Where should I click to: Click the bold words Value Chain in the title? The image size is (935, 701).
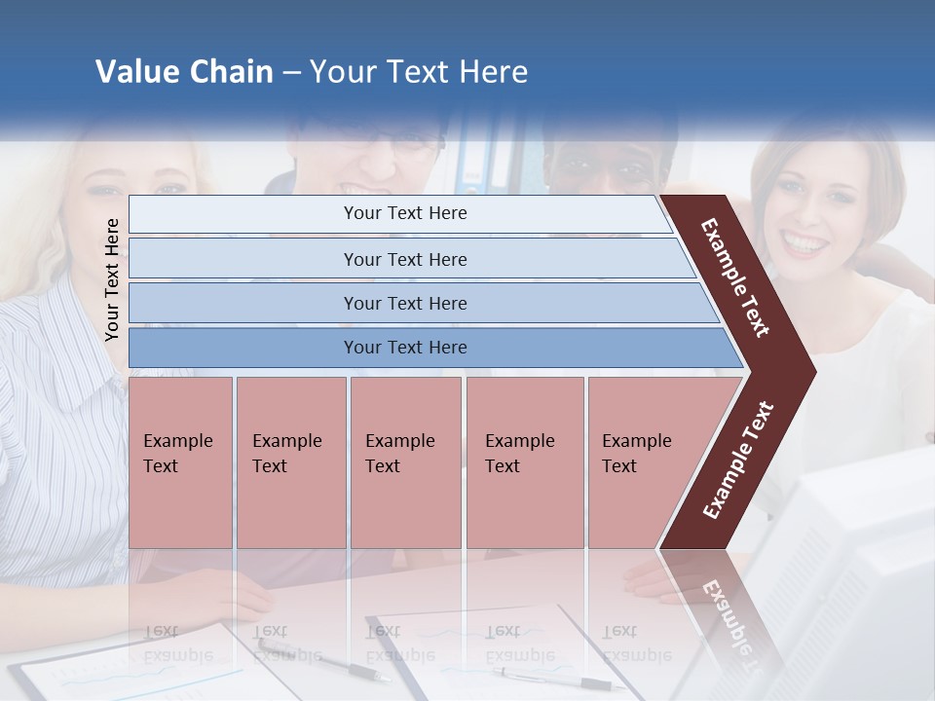coord(184,72)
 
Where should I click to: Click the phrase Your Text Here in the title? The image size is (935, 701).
coord(419,72)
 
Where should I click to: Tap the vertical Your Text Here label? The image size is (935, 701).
coord(112,279)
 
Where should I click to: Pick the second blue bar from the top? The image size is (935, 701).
coord(405,259)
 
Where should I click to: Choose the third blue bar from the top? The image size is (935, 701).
coord(405,303)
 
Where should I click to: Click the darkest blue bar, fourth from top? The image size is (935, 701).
coord(405,348)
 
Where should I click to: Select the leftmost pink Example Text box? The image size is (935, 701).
coord(180,462)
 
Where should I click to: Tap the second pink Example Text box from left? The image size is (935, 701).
coord(290,462)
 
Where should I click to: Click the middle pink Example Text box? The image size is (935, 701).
coord(405,462)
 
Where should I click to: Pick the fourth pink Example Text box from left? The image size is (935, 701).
coord(524,462)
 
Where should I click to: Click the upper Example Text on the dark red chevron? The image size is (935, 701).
coord(735,277)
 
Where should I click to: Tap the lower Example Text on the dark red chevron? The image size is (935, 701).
coord(738,460)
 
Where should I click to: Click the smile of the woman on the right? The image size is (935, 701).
coord(804,242)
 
